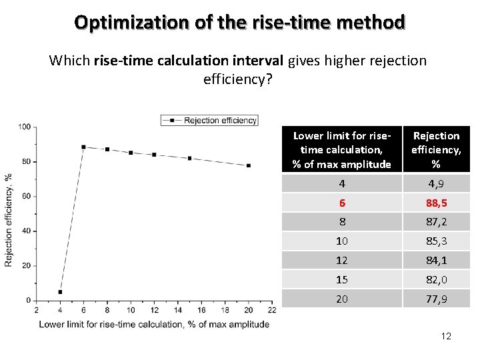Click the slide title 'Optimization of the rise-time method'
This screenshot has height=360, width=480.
pos(239,23)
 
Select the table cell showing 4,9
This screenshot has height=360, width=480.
pos(436,183)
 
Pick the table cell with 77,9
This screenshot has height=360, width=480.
pos(436,299)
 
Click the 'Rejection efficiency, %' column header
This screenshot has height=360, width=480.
pos(436,149)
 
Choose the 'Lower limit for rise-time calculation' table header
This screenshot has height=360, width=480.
pos(341,149)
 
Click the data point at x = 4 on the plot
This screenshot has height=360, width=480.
pos(60,292)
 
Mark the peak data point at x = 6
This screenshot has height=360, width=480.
pos(83,147)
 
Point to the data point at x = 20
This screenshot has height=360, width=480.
pos(249,165)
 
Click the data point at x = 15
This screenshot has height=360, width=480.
pos(190,158)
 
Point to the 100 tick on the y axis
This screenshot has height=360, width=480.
pos(25,127)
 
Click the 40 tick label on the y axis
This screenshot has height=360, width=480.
pos(25,231)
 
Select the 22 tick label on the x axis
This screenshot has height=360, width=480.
pos(271,310)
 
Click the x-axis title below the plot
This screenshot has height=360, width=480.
pos(154,324)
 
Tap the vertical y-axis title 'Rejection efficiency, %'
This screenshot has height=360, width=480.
pos(9,220)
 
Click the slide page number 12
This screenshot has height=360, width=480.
pos(446,336)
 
